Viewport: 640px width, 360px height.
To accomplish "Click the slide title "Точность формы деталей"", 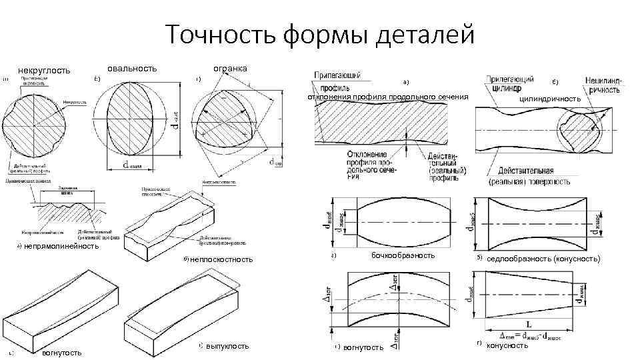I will tap(319, 33).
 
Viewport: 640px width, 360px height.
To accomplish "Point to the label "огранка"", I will tap(229, 68).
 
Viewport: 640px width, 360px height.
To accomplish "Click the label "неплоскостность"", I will tap(221, 259).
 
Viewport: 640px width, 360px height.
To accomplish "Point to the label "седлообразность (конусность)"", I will tap(543, 258).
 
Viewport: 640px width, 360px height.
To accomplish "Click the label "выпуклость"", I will tap(227, 345).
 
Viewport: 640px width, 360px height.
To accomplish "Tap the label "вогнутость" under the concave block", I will tap(61, 352).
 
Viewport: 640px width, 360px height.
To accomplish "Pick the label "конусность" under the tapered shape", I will tap(507, 345).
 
